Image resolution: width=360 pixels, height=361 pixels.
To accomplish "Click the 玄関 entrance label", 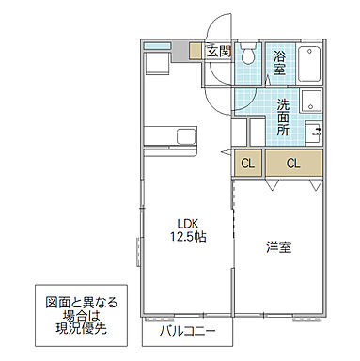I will (x=218, y=51).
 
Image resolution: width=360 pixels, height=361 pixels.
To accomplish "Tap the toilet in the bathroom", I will (x=247, y=55).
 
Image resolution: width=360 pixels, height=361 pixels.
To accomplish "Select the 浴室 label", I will (x=280, y=62).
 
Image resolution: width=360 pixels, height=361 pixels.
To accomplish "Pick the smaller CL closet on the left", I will (x=247, y=164).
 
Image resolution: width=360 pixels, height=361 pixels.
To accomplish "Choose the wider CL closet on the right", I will (x=293, y=164).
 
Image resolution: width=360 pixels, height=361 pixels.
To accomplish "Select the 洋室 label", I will (x=277, y=247).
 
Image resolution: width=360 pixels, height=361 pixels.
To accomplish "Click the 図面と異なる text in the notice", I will (x=83, y=303).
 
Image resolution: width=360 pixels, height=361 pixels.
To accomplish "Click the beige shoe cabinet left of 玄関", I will (x=196, y=52).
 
